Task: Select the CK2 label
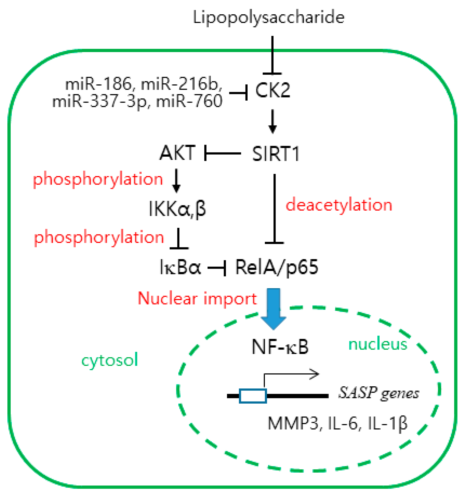point(272,90)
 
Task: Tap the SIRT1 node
point(275,154)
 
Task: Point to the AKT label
point(177,153)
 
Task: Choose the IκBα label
point(180,267)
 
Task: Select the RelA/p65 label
point(277,267)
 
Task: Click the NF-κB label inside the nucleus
point(280,347)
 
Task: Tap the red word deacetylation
point(339,205)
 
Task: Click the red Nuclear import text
point(197,298)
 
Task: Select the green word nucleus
point(377,344)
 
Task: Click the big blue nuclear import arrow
point(273,308)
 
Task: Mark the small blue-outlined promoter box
point(253,396)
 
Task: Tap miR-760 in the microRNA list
point(189,101)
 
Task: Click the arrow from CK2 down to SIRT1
point(273,121)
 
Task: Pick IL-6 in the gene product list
point(342,423)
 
